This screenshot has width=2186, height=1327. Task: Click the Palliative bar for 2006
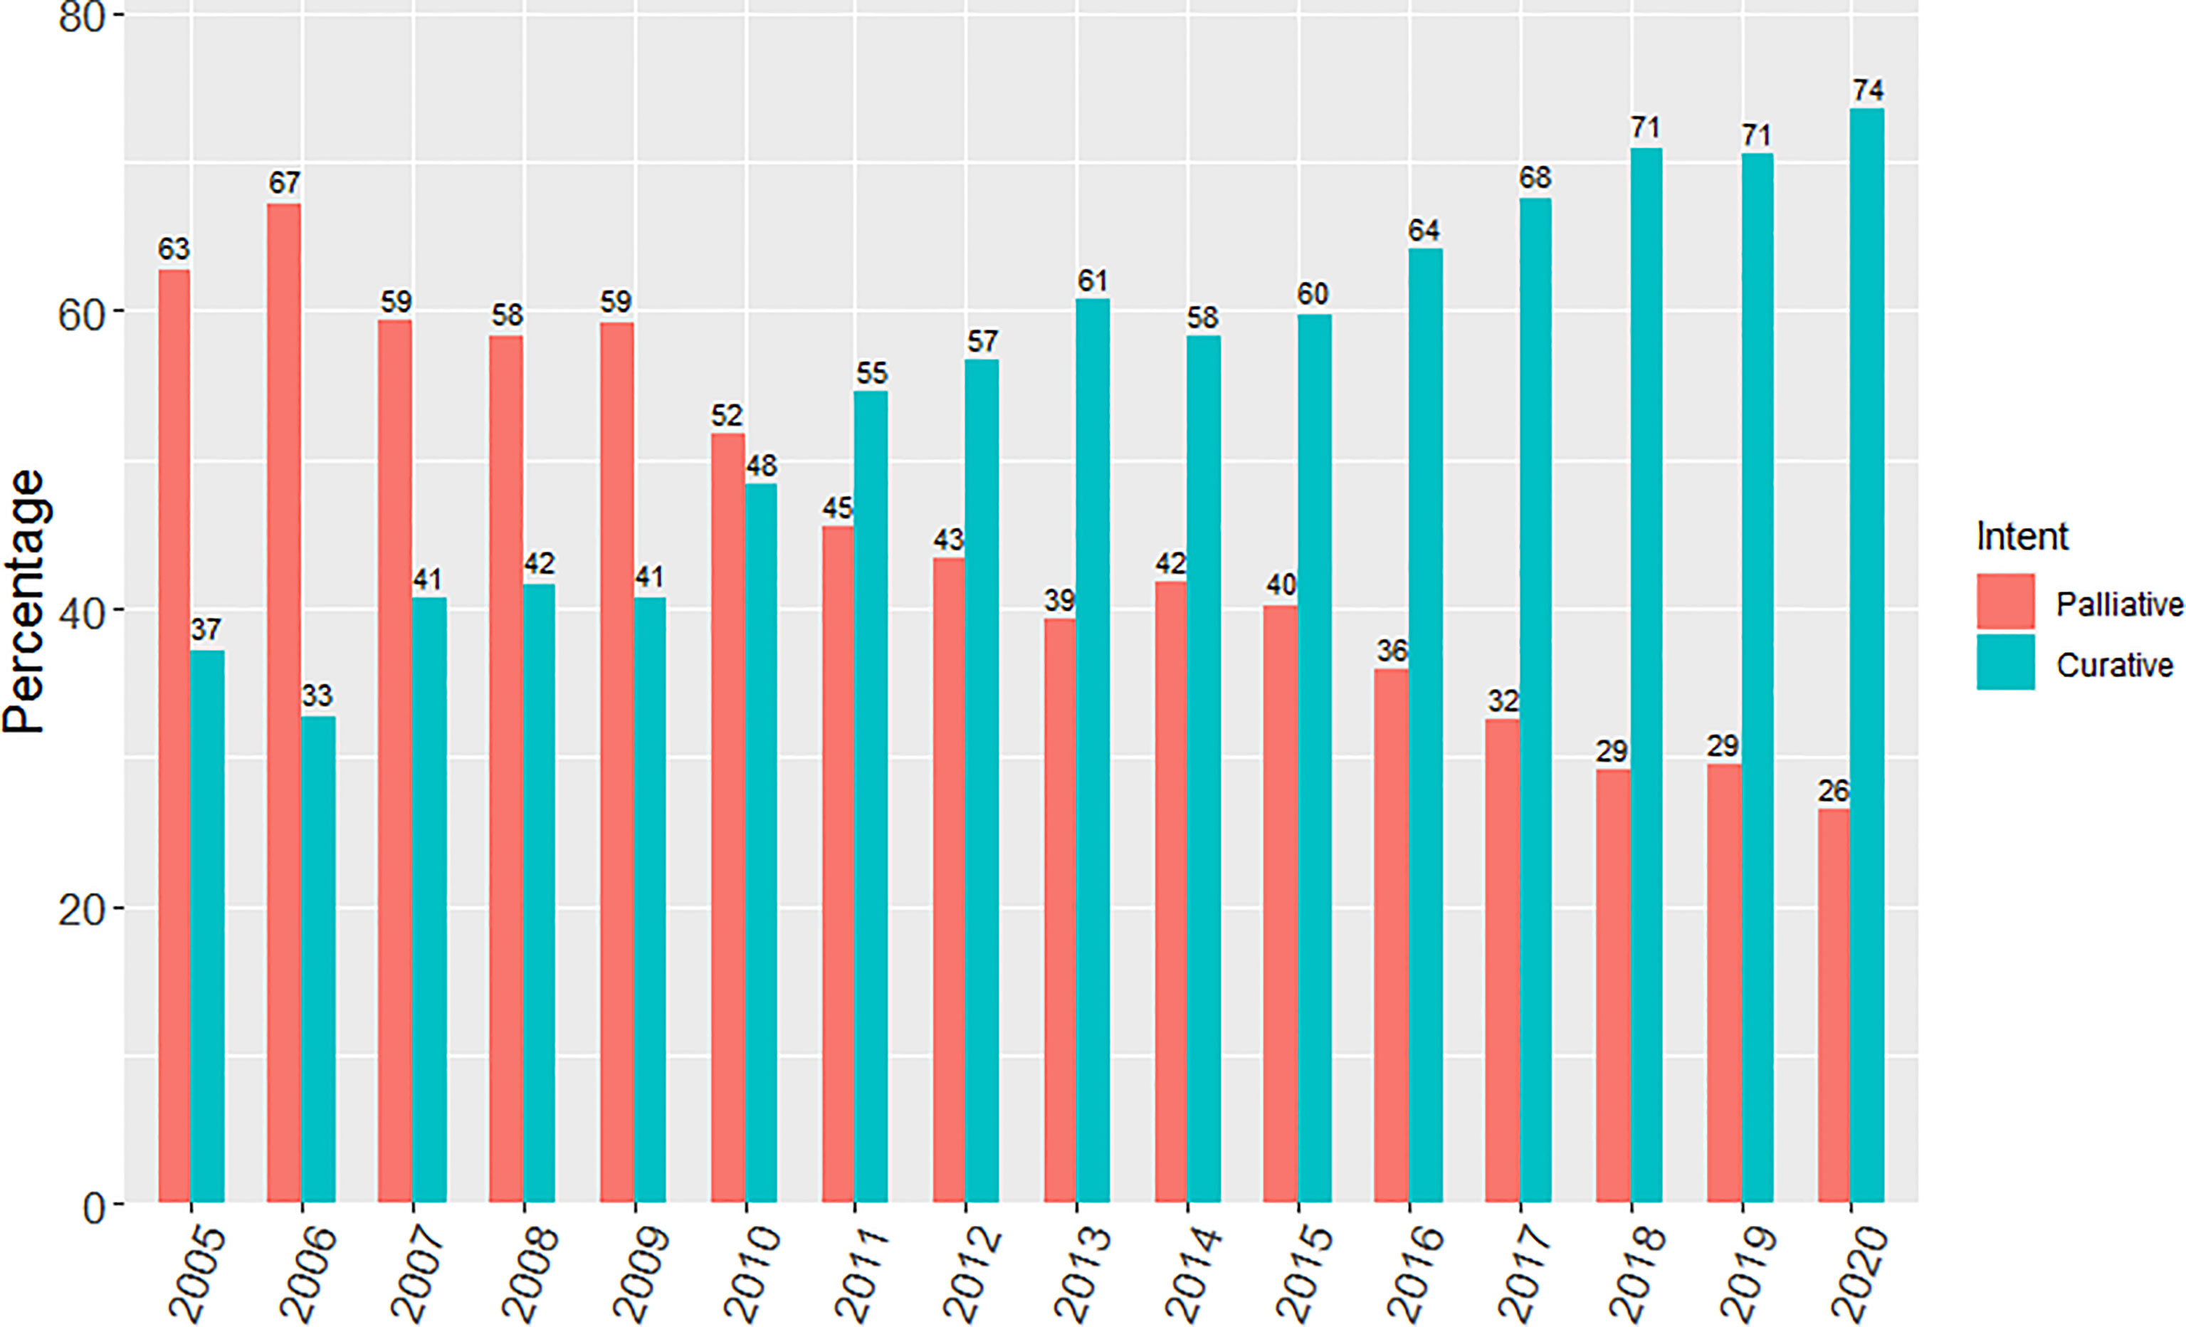[x=284, y=701]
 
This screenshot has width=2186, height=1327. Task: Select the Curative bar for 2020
[x=1866, y=656]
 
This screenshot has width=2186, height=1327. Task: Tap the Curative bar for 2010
[x=761, y=843]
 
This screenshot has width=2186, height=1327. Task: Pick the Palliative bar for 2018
[x=1613, y=985]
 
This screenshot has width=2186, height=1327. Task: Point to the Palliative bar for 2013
[x=1060, y=909]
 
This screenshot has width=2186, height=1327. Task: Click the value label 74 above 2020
[x=1868, y=90]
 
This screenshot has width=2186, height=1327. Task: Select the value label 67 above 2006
[x=284, y=183]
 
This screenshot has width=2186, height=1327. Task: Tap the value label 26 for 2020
[x=1833, y=790]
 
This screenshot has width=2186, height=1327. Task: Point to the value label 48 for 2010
[x=761, y=466]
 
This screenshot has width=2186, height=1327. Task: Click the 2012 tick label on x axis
[x=971, y=1273]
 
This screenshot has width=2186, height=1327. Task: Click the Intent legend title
[x=2022, y=537]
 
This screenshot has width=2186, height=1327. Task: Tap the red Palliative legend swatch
[x=2005, y=602]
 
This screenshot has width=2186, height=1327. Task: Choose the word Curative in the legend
[x=2114, y=665]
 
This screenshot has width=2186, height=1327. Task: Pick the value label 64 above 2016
[x=1423, y=231]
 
